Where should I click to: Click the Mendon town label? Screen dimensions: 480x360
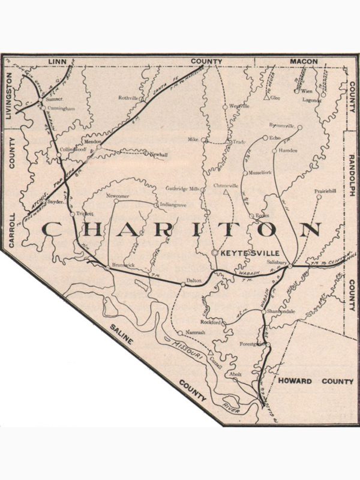[93, 140]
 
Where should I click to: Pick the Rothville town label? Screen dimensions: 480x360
[129, 97]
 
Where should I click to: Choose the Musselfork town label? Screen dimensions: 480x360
[260, 172]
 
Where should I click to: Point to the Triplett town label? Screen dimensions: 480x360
[85, 214]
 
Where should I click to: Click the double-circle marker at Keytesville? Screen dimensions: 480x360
[215, 253]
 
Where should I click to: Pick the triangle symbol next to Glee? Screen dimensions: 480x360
[266, 97]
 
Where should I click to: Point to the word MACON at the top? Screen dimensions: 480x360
[303, 62]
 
